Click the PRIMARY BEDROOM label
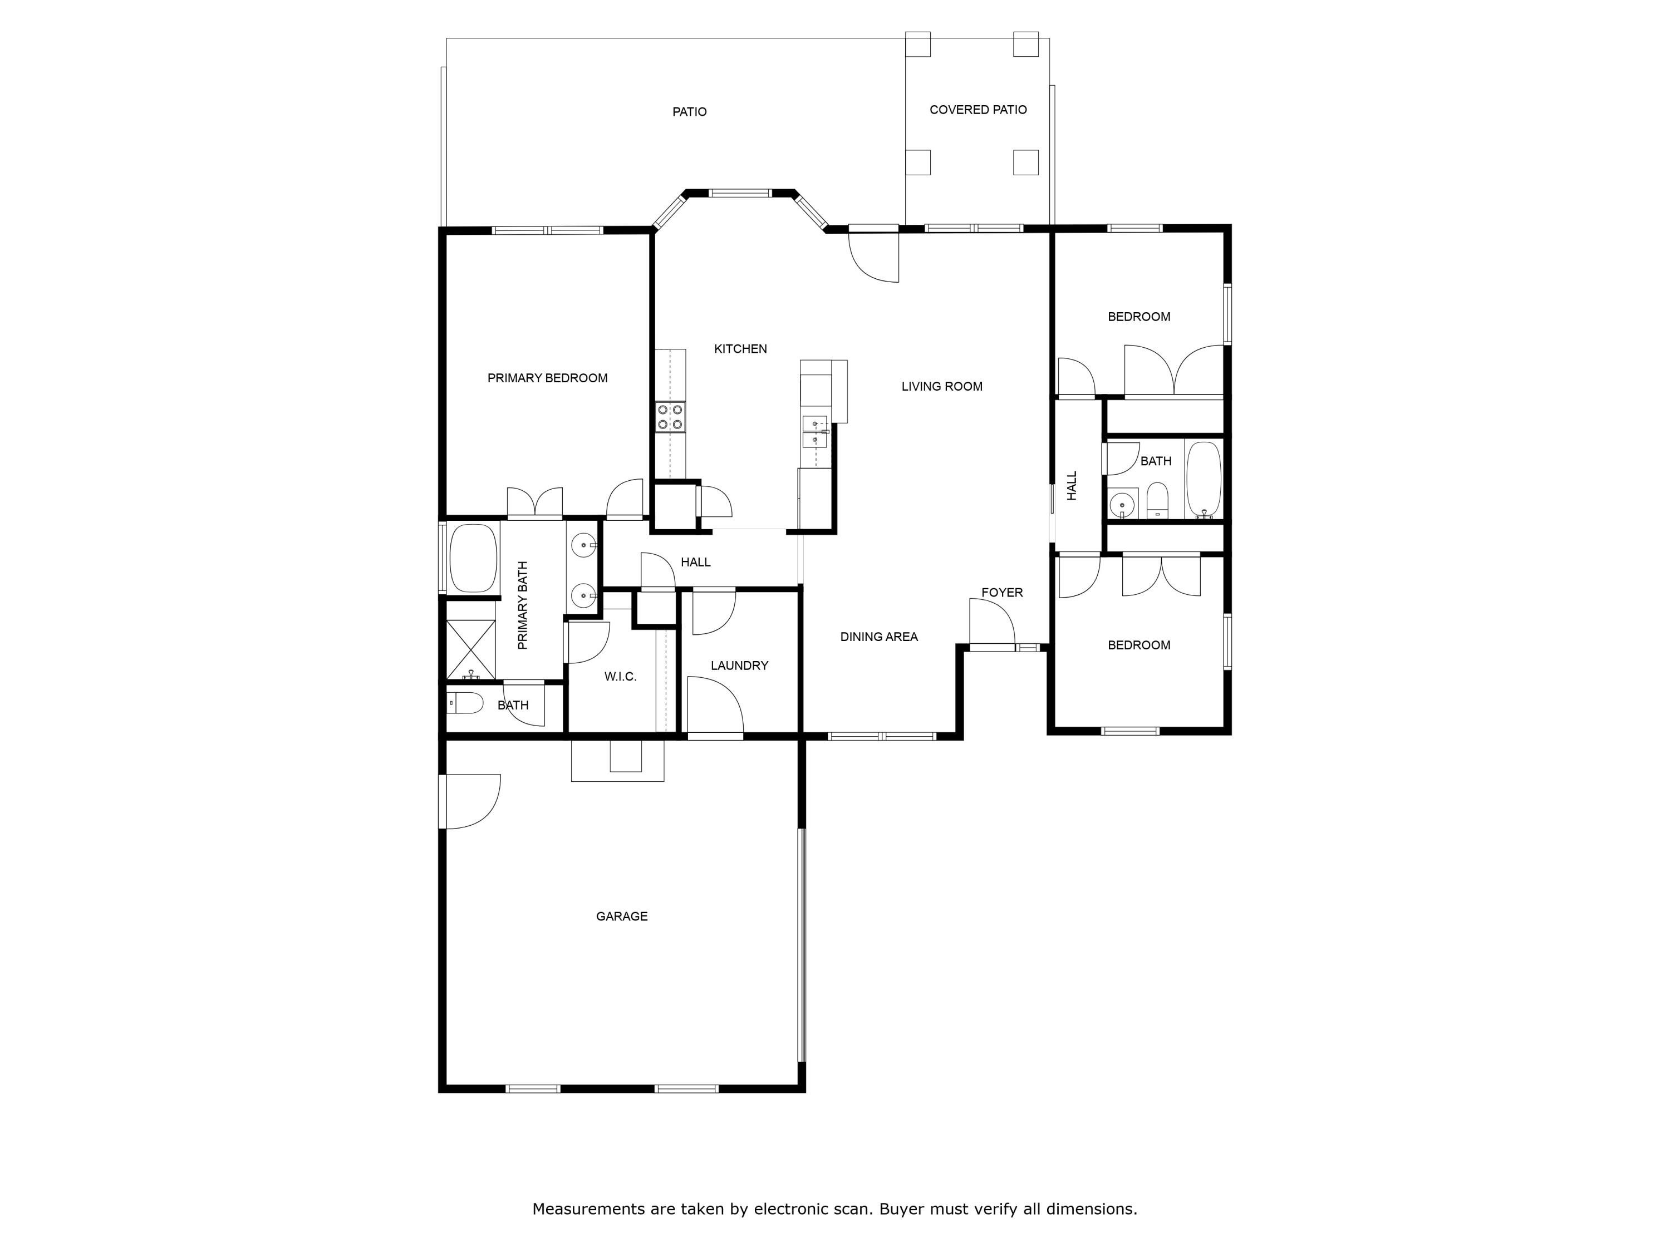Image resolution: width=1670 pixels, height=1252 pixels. [x=547, y=378]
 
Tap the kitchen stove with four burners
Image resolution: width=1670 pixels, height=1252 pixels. [x=670, y=417]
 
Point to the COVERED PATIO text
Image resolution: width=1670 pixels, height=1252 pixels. [x=978, y=110]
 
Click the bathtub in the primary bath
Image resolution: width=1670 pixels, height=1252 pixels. [x=473, y=558]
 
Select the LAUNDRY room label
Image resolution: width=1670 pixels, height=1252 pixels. [x=739, y=666]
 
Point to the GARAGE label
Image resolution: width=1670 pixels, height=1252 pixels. [x=621, y=916]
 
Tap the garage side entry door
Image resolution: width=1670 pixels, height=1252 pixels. [x=470, y=801]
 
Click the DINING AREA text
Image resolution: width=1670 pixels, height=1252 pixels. [x=879, y=637]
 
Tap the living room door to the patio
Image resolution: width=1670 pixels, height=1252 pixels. [x=875, y=257]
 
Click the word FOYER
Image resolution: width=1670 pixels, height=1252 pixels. [x=1002, y=593]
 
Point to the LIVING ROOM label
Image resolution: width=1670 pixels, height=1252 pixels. [x=941, y=386]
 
